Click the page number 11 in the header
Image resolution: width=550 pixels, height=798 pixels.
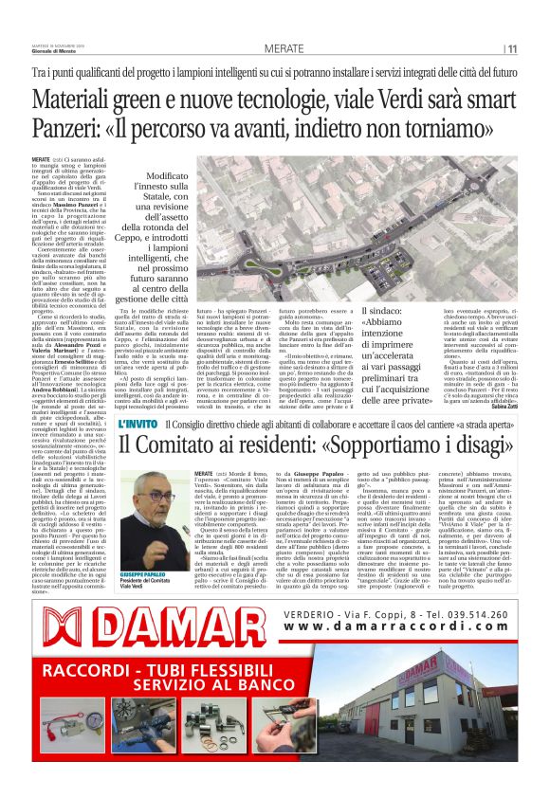pyautogui.click(x=511, y=48)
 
